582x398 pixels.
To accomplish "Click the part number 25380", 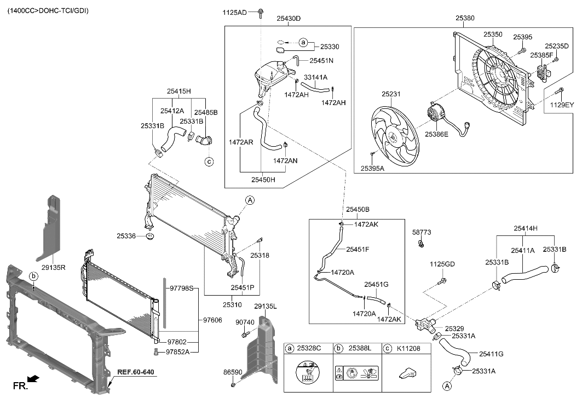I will [465, 18].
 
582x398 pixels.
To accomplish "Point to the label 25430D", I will [289, 19].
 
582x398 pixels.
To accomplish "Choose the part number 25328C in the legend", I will [310, 348].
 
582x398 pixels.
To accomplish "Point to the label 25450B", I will [358, 210].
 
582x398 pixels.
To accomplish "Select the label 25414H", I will [525, 228].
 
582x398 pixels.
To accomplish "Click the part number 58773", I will [421, 232].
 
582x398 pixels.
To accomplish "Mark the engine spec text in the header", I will [48, 10].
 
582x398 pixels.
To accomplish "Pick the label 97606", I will [212, 320].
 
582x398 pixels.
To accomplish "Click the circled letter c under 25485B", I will [209, 161].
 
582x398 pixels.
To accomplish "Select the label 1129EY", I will [562, 105].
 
